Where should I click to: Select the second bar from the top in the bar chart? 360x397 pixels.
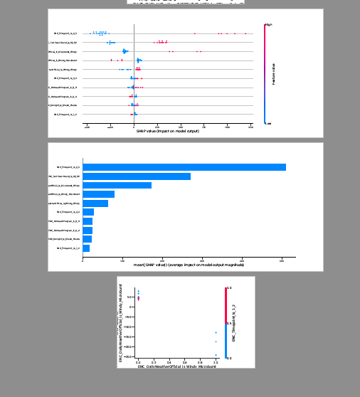point(137,176)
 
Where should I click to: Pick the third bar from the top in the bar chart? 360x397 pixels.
point(117,185)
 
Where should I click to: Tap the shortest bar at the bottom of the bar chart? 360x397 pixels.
point(86,248)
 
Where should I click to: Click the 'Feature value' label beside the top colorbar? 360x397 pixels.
point(273,74)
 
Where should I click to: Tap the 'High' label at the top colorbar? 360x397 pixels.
point(269,25)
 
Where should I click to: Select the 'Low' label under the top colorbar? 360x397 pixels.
point(268,123)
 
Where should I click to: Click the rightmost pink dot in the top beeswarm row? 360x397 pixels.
point(245,33)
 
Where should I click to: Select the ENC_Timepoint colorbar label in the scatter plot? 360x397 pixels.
point(234,324)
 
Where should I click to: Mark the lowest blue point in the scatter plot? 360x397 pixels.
point(216,354)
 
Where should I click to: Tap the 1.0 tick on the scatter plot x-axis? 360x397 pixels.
point(216,361)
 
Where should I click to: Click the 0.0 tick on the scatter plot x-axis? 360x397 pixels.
point(138,361)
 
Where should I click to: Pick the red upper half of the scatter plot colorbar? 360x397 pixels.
point(226,305)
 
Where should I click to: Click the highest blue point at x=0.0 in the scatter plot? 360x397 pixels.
point(138,290)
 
